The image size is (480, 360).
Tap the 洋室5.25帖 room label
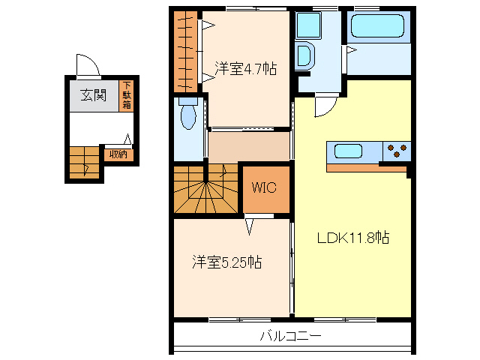coord(226,262)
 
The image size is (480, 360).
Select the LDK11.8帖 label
coord(352,238)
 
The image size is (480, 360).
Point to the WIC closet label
coord(265,187)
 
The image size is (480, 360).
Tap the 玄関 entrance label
coord(94,95)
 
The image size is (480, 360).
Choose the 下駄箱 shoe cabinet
coord(127,95)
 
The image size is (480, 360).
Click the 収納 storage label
coord(118,154)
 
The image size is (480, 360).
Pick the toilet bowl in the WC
coord(187,116)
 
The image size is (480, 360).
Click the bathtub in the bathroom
coord(378,28)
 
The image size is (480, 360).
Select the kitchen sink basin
coord(348,151)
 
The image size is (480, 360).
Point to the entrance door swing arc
coord(88,66)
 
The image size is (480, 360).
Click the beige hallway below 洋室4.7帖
coord(248,145)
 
